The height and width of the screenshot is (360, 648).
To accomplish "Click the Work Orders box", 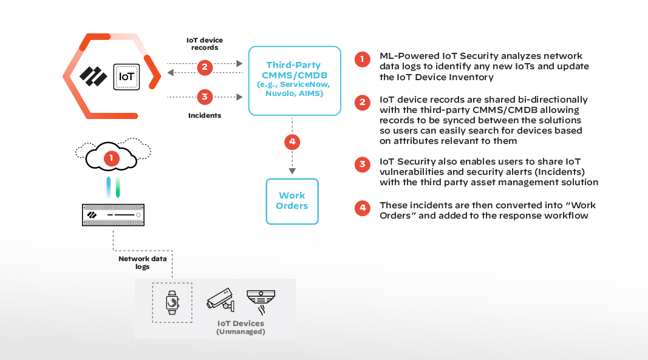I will [292, 201].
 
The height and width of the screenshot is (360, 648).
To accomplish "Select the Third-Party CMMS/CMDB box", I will [294, 80].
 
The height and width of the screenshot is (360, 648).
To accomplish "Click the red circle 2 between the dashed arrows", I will [205, 67].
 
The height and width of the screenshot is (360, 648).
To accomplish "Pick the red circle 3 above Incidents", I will [205, 97].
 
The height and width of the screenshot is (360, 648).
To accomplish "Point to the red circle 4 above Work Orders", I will [292, 143].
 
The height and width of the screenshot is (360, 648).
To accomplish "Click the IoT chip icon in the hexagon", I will [127, 77].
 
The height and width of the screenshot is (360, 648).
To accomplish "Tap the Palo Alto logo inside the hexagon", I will [94, 77].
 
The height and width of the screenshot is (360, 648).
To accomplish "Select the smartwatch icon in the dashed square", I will [172, 302].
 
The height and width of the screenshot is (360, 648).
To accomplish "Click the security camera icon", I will [219, 299].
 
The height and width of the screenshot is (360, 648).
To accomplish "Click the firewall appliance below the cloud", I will [114, 216].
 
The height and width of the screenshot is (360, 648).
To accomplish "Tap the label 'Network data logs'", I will [142, 262].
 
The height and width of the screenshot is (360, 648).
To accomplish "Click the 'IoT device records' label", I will [205, 44].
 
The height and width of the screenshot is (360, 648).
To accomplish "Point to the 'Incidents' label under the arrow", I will [205, 115].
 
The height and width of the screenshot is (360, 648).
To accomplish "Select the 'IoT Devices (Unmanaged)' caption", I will [241, 327].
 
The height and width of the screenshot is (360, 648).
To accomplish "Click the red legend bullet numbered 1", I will [363, 58].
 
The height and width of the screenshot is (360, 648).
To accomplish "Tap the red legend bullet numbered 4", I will [363, 208].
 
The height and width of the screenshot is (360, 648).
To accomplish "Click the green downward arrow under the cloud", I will [118, 188].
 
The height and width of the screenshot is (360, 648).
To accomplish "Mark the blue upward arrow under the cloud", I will [108, 188].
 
